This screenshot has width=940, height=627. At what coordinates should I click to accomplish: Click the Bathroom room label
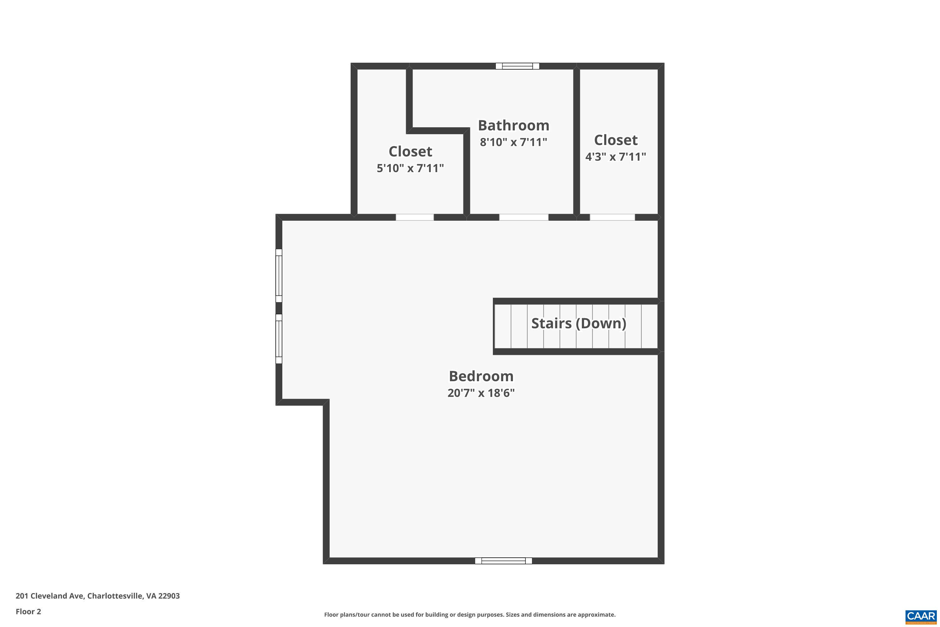(513, 126)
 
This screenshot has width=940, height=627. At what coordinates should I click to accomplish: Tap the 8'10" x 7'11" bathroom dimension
(513, 142)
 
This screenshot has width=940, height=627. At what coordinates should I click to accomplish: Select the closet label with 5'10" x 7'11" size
(410, 151)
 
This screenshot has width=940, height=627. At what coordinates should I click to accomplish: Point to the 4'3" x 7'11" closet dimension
(615, 157)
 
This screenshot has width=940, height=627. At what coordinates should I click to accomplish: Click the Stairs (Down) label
(578, 323)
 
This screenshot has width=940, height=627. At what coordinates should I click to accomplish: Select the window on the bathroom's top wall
(517, 66)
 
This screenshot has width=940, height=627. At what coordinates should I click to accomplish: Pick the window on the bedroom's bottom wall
(503, 561)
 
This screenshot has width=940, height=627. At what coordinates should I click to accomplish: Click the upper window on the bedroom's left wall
(279, 276)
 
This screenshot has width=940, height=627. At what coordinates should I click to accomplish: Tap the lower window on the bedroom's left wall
(279, 339)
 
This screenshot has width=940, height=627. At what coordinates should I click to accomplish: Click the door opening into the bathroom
(524, 217)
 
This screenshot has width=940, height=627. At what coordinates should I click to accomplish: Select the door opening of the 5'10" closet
(415, 217)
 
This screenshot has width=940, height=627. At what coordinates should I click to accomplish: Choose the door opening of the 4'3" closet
(612, 217)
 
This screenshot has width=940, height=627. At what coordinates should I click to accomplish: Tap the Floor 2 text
(29, 611)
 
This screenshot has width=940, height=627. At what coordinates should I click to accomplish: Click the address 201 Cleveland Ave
(50, 596)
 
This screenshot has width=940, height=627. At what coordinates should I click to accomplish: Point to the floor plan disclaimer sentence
(470, 614)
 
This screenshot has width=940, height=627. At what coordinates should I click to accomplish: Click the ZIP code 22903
(169, 596)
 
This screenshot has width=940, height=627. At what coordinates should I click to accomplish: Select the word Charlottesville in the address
(115, 596)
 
